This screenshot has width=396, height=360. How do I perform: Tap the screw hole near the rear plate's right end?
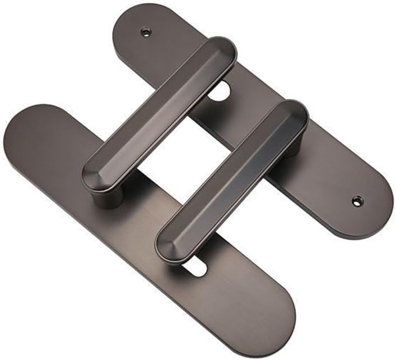pyautogui.click(x=356, y=200)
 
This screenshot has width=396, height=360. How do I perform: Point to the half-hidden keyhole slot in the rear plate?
pyautogui.click(x=222, y=89)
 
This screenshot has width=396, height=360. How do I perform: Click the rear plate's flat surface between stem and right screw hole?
pyautogui.click(x=325, y=179)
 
